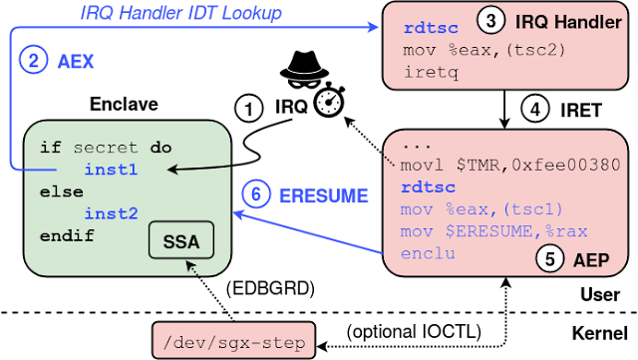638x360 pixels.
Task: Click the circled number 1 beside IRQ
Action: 249,109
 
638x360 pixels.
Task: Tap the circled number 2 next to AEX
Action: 33,60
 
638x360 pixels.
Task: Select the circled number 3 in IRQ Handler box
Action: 490,20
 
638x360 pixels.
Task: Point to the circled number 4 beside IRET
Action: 535,110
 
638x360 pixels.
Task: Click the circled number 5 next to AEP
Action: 550,259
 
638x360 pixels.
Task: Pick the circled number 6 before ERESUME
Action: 256,194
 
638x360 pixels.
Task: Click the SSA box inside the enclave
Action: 181,240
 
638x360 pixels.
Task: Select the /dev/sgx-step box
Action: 234,341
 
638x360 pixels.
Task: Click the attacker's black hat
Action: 304,65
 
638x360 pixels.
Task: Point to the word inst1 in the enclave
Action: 111,170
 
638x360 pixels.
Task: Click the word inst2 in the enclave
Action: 111,213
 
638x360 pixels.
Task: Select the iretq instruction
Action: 431,73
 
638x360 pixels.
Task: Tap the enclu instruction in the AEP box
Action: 428,253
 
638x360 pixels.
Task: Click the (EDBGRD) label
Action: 270,289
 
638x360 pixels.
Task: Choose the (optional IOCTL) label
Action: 414,332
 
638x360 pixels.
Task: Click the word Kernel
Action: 600,333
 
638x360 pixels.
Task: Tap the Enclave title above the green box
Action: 124,105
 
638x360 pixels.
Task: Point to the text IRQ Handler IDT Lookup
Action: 180,13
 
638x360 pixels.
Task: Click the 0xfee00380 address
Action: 566,165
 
